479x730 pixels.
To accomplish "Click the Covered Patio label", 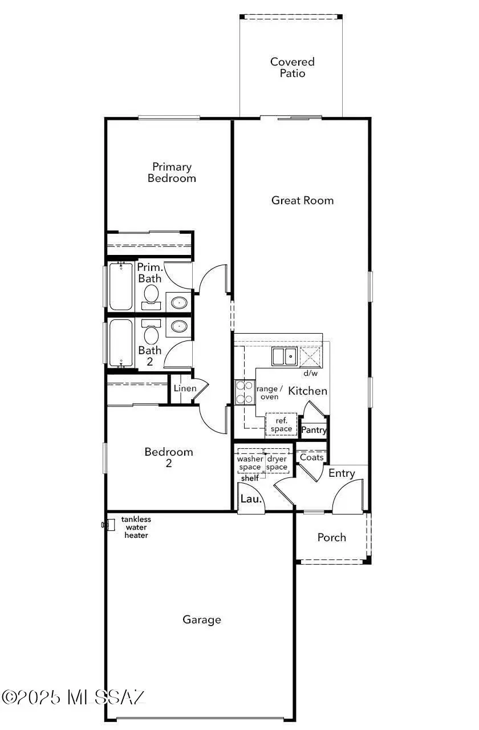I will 292,67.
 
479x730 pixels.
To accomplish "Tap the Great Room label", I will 302,200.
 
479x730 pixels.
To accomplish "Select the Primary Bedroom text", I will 172,172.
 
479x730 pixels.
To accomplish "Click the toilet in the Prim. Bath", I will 151,295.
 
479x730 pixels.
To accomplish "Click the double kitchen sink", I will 283,356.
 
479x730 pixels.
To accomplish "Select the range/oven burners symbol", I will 245,392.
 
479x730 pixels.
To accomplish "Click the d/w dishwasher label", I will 310,374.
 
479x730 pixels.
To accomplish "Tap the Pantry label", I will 314,430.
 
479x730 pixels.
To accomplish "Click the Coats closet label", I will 311,457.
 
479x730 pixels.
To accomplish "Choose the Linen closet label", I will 185,388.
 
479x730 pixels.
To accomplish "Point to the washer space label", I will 250,463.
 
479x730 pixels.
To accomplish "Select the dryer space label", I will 277,463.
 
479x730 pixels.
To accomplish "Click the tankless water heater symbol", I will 105,524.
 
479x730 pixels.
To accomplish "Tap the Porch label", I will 331,537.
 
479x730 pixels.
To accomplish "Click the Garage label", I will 202,619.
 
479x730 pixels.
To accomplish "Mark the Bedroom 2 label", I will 168,457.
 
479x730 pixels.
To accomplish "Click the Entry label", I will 342,473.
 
